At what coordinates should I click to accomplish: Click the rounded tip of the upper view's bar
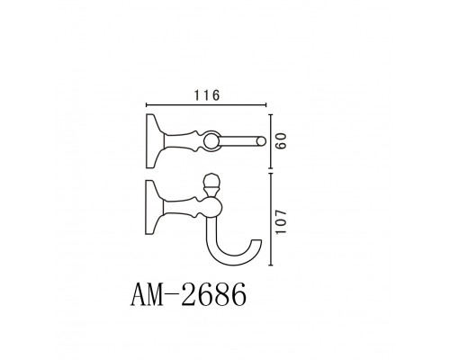(260, 140)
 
